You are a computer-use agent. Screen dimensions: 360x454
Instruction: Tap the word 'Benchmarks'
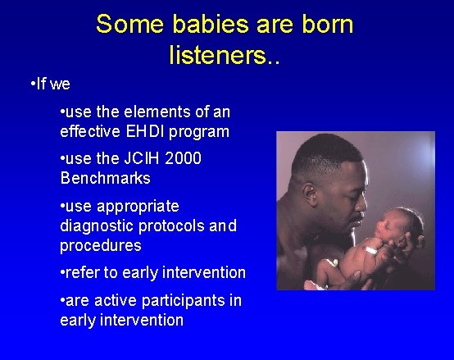pyautogui.click(x=105, y=177)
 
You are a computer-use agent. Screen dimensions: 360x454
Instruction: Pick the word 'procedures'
pyautogui.click(x=100, y=245)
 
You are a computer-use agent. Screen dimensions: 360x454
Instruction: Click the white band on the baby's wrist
pyautogui.click(x=370, y=248)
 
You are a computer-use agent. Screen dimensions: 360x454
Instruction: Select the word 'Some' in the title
pyautogui.click(x=124, y=24)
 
